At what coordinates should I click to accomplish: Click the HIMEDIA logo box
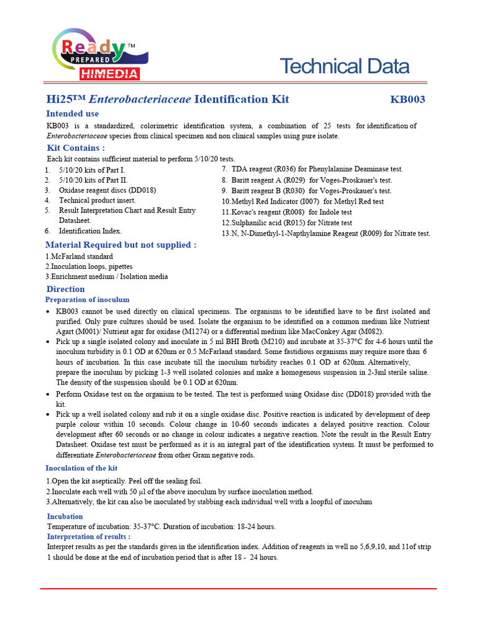point(109,74)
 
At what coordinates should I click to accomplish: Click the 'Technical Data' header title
point(344,66)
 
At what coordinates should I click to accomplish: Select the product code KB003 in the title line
point(407,99)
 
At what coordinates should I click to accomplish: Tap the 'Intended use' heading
point(72,114)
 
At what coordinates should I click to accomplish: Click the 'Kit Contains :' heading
point(76,148)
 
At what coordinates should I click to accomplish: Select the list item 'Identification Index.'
point(90,230)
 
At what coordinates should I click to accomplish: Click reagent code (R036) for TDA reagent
point(283,169)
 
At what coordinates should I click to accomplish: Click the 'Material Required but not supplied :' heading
point(121,245)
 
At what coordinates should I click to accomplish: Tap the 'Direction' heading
point(65,289)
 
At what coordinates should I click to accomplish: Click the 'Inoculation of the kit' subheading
point(81,468)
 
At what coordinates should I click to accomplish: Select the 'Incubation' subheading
point(65,516)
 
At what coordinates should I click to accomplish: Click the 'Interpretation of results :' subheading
point(89,537)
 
